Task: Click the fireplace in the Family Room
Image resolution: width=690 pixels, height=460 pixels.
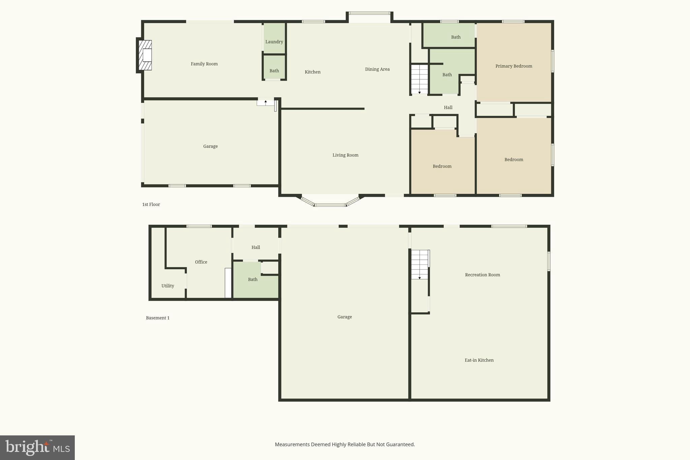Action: pos(145,55)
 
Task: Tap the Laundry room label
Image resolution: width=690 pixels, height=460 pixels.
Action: pos(274,42)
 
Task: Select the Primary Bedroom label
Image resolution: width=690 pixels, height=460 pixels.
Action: pos(513,66)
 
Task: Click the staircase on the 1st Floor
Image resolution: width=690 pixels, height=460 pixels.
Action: pos(419,80)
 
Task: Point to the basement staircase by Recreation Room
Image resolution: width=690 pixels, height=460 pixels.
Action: pos(420,265)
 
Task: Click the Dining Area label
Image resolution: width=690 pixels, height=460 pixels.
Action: pos(377,69)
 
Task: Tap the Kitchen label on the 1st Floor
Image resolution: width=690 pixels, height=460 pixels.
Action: pos(312,72)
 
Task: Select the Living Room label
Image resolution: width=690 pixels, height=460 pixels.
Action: pos(345,155)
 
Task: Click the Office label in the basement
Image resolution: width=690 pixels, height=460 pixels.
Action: pos(201,262)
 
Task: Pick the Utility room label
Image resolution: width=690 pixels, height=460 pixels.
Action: pos(167,286)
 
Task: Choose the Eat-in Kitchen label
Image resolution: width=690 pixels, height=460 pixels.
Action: pos(479,360)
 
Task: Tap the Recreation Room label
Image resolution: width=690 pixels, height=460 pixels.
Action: pos(482,275)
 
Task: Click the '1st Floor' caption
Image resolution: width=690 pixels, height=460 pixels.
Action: pos(151,204)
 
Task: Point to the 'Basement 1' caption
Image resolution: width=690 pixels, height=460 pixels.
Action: pos(157,318)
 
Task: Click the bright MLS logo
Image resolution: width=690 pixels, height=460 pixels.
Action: pos(37,448)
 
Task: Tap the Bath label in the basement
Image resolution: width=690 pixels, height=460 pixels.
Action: pos(252,279)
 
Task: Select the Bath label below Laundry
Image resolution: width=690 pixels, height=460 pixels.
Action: pos(274,71)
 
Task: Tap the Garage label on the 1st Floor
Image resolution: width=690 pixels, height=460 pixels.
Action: pos(210,146)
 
